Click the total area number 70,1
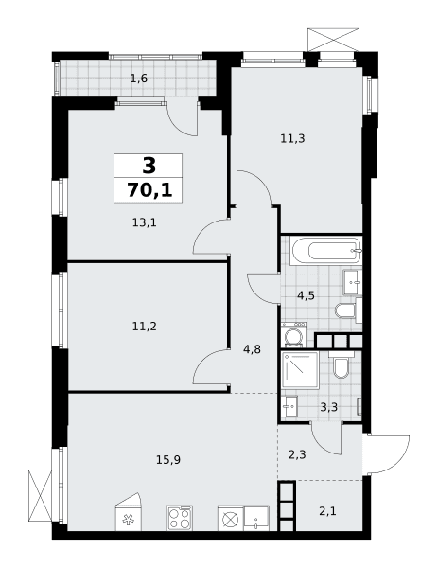point(149,190)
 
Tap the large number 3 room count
point(149,166)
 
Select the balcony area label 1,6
point(139,79)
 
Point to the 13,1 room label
point(144,222)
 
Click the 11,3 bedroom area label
point(293,138)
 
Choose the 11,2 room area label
point(145,327)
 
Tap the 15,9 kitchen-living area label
point(168,460)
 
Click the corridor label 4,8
point(253,349)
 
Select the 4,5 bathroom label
point(306,295)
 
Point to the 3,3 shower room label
point(329,407)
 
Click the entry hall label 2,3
point(297,454)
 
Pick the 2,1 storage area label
point(327,511)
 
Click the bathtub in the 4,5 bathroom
point(327,251)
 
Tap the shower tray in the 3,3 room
point(301,370)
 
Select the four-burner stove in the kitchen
point(180,518)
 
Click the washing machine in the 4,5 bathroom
point(294,335)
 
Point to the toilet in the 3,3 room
point(341,365)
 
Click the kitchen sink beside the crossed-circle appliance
point(256,519)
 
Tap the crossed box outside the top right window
point(333,40)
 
